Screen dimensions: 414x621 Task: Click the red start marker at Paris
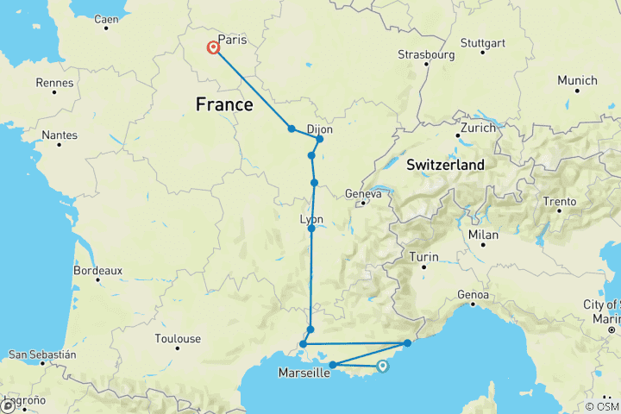tap(213, 48)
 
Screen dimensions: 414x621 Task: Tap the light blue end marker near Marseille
tap(382, 367)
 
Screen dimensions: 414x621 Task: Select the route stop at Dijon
tap(319, 139)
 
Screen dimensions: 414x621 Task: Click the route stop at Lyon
tap(311, 229)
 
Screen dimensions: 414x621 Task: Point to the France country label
tap(224, 104)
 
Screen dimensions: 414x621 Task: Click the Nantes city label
tap(60, 135)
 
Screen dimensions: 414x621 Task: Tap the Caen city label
tap(106, 19)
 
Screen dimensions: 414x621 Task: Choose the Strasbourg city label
tap(426, 54)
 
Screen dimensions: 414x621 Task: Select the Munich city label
tap(577, 80)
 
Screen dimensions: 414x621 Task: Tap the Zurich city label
tap(478, 127)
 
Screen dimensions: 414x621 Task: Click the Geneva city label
tap(363, 194)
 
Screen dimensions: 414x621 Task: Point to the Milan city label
tap(484, 235)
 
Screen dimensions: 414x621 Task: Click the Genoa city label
tap(474, 295)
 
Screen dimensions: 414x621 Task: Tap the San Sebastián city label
tap(41, 354)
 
